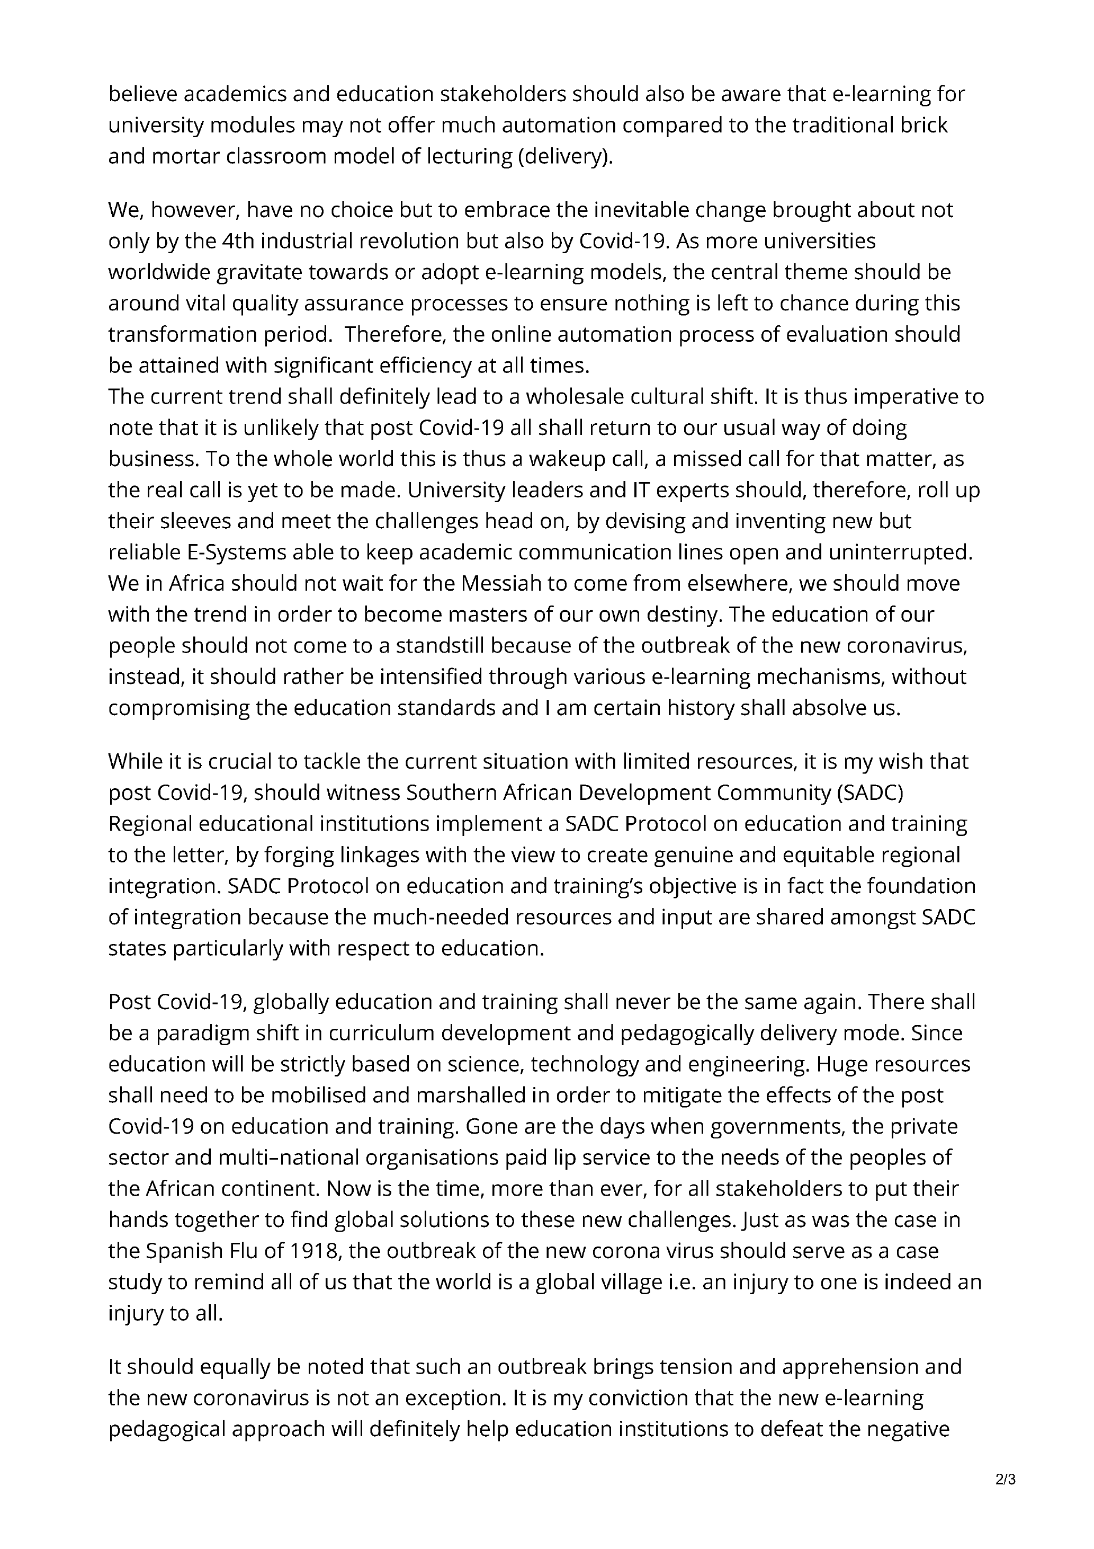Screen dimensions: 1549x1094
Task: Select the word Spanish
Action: (183, 1250)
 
